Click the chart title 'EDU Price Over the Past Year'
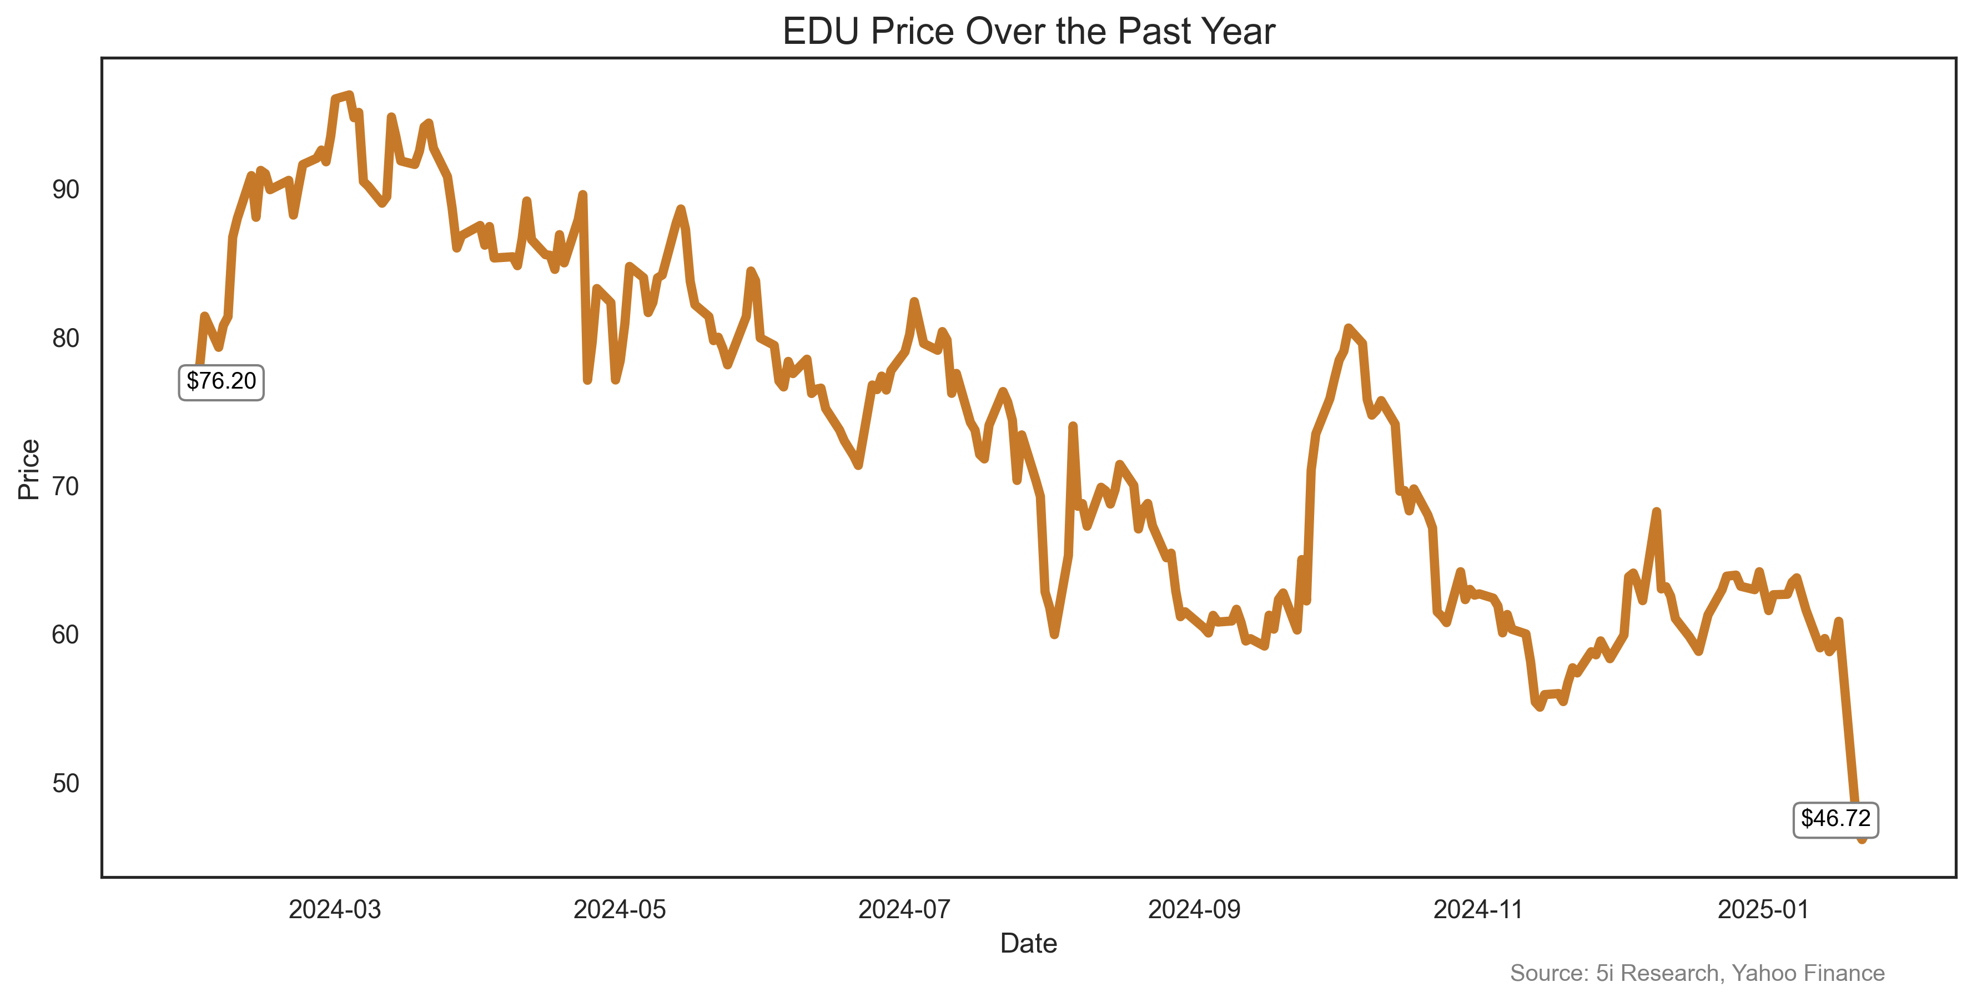(1028, 32)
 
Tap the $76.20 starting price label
(221, 381)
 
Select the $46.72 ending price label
(1835, 818)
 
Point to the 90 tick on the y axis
(66, 190)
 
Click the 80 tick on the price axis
(66, 338)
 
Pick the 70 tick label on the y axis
(66, 487)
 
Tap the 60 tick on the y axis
(66, 635)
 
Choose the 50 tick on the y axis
(66, 783)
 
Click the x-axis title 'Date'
(1028, 943)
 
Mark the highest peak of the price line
(349, 95)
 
